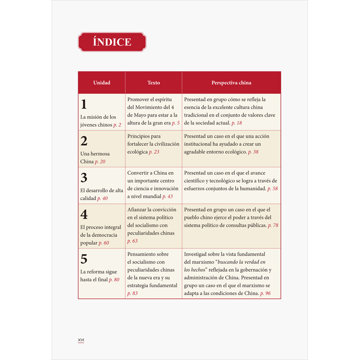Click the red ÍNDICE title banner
(112, 42)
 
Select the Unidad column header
(102, 83)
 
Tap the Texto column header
(153, 83)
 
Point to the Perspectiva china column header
(231, 83)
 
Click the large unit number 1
(84, 104)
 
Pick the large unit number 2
(84, 141)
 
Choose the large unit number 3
(84, 178)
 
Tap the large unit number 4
(84, 214)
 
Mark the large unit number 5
(84, 259)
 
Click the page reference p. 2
(117, 125)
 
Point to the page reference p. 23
(154, 152)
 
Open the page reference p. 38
(253, 152)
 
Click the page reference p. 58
(272, 189)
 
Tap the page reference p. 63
(132, 241)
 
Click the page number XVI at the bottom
(81, 340)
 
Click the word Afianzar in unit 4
(139, 210)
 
